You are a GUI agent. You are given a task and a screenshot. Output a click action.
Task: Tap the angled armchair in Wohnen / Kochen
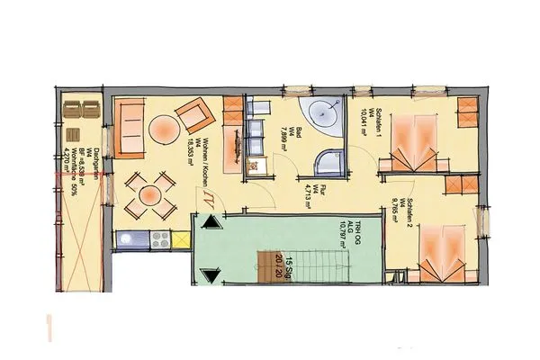(x=194, y=115)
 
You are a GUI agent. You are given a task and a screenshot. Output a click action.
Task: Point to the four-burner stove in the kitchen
(x=160, y=240)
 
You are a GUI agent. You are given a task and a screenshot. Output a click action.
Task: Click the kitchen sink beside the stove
(x=130, y=240)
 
